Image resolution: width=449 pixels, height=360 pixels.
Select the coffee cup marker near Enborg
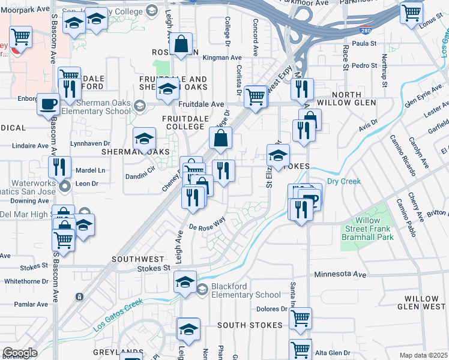pyautogui.click(x=48, y=104)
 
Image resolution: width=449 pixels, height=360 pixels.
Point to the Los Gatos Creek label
pyautogui.click(x=118, y=315)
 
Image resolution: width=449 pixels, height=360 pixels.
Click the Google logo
pyautogui.click(x=20, y=353)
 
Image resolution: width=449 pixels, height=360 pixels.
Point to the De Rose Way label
pyautogui.click(x=206, y=223)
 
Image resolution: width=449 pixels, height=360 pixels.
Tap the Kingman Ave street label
pyautogui.click(x=222, y=58)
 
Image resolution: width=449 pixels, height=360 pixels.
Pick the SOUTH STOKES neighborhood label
pyautogui.click(x=250, y=325)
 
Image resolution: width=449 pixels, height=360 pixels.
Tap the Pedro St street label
pyautogui.click(x=364, y=65)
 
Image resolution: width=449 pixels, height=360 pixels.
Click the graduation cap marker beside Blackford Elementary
pyautogui.click(x=185, y=281)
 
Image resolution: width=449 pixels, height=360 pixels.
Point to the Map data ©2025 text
pyautogui.click(x=424, y=355)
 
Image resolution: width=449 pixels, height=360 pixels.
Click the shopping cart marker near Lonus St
pyautogui.click(x=412, y=12)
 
